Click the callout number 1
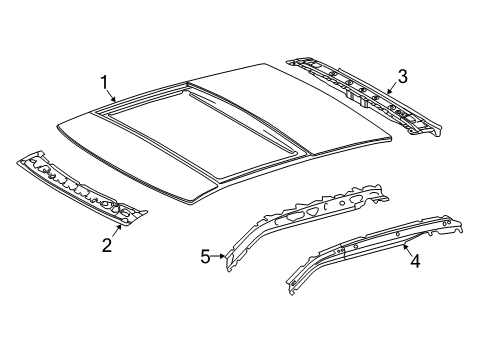[x=105, y=82]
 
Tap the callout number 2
[x=107, y=246]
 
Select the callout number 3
[x=403, y=76]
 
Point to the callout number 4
[x=415, y=261]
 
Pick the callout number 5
[x=206, y=257]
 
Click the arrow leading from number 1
[x=112, y=96]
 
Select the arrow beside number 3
[x=391, y=88]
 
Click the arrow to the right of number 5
[x=219, y=256]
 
